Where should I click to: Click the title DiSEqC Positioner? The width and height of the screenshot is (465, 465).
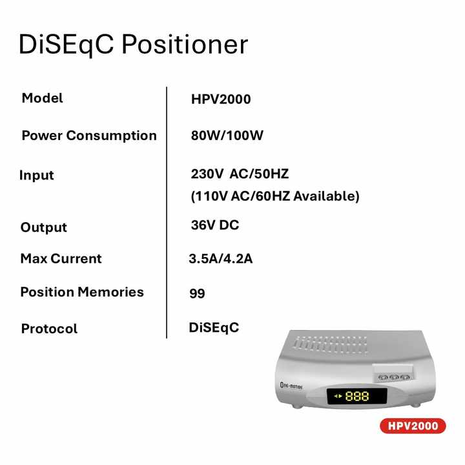[133, 45]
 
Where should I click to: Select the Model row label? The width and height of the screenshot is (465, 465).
[43, 98]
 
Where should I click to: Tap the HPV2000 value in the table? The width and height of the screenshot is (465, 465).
[221, 99]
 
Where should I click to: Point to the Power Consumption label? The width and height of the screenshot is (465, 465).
[89, 136]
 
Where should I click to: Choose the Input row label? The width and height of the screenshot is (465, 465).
[37, 175]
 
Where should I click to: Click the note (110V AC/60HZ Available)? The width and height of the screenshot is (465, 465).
[274, 196]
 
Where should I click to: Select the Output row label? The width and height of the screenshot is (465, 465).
[44, 227]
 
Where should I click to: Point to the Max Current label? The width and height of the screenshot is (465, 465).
[61, 259]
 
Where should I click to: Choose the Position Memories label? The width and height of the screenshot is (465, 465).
[82, 292]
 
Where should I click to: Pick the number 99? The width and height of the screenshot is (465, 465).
[197, 294]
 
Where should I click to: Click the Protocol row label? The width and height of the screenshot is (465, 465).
[49, 329]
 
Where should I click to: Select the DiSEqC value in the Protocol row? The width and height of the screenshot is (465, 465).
[214, 327]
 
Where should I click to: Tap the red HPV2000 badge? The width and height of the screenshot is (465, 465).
[413, 426]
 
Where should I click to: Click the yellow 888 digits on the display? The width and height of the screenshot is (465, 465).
[357, 397]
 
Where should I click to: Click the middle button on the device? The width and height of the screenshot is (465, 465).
[393, 377]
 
